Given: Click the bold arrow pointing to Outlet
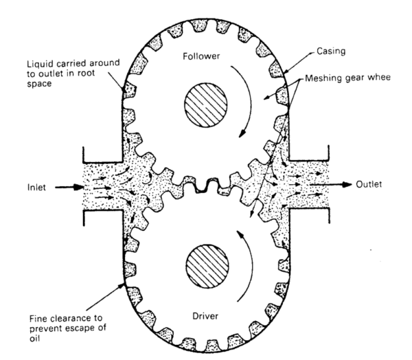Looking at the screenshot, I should [x=339, y=185].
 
